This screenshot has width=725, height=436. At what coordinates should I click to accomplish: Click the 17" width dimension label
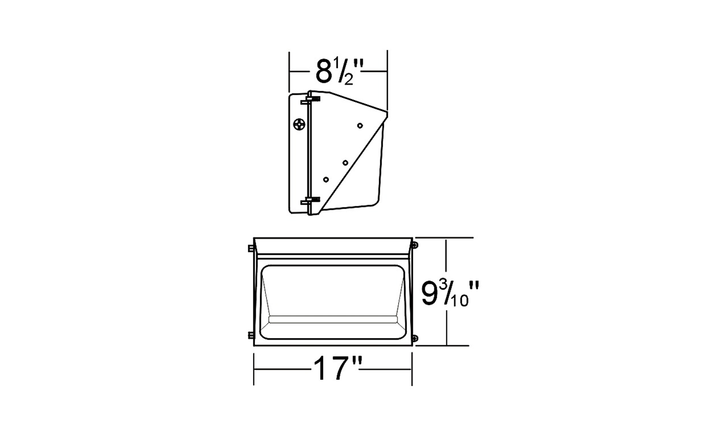[x=337, y=368]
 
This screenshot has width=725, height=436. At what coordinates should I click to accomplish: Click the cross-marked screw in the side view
[x=299, y=125]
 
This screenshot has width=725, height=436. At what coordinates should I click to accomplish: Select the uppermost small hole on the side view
[x=360, y=125]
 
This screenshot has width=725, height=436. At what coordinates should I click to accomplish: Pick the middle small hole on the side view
[x=345, y=162]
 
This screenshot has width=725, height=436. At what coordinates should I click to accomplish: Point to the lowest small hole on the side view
[x=326, y=180]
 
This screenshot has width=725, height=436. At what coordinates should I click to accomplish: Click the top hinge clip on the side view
[x=310, y=100]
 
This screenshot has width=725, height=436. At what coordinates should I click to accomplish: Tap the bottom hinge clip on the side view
[x=310, y=201]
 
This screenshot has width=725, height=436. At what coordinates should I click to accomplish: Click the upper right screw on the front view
[x=415, y=245]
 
